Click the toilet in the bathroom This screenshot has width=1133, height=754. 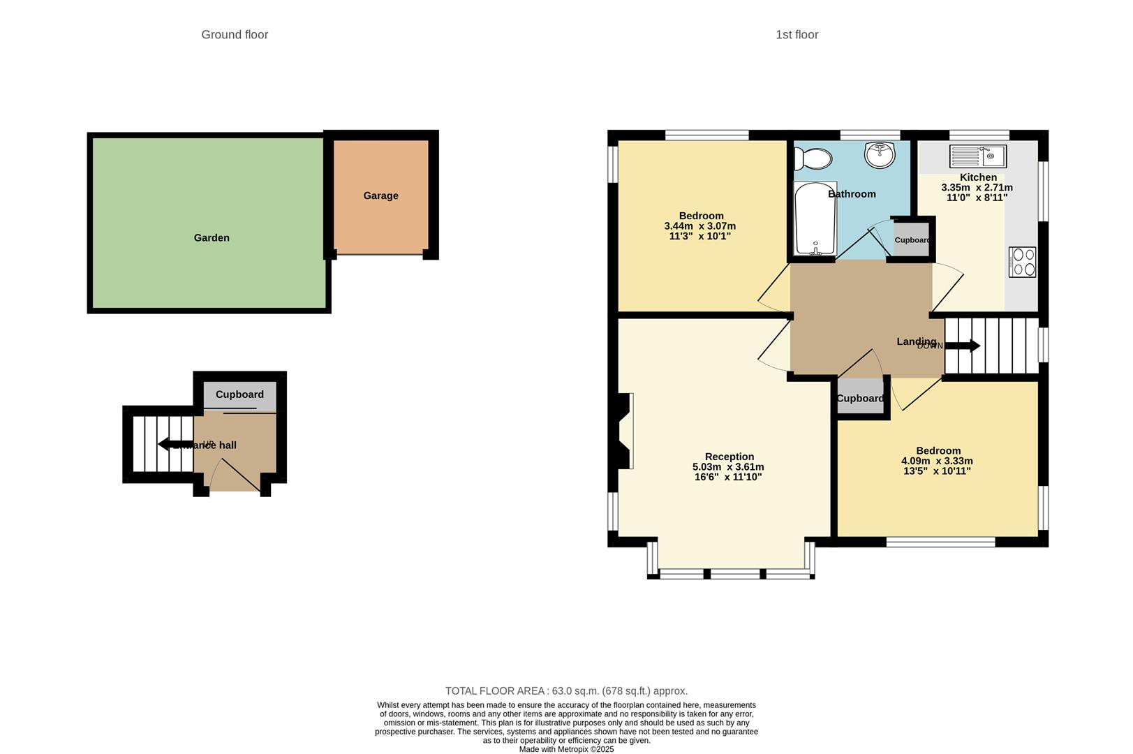[x=812, y=158]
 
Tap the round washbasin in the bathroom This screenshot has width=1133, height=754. [x=880, y=155]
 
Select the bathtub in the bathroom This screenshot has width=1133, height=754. [x=815, y=219]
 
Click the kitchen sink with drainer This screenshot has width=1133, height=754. [x=977, y=156]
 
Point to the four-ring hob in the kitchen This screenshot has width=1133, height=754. [x=1022, y=262]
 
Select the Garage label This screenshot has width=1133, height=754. [x=380, y=195]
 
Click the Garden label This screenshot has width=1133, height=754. [x=212, y=237]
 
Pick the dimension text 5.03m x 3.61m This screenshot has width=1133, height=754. [x=728, y=467]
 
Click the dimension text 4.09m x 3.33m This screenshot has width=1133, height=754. [x=937, y=461]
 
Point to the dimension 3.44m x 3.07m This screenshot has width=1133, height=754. [x=699, y=226]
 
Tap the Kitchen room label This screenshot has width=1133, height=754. [x=978, y=177]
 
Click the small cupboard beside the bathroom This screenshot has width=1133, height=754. [x=912, y=240]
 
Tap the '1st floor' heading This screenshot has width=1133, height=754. [x=797, y=35]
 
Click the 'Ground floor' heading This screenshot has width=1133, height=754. [x=235, y=35]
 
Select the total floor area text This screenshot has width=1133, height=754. [x=566, y=691]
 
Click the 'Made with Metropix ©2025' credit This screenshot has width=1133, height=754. [x=566, y=749]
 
